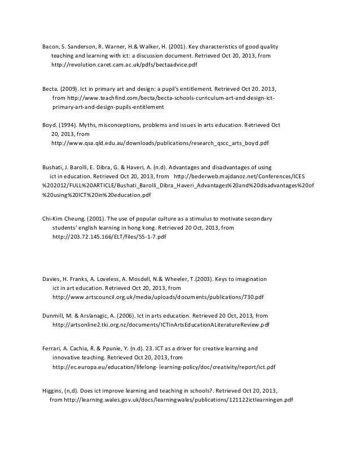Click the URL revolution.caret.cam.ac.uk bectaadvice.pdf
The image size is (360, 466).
point(124,65)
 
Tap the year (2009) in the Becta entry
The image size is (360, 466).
point(69,89)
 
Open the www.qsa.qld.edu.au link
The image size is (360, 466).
point(160,143)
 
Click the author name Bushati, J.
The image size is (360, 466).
point(56,167)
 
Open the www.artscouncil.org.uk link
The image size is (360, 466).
point(157,297)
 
